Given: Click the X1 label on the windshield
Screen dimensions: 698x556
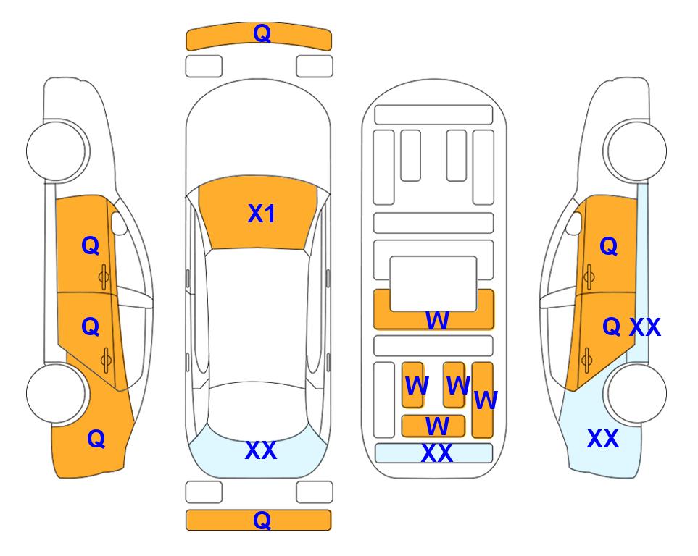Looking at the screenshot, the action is [x=262, y=214].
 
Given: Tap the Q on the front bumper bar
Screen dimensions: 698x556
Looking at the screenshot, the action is [x=262, y=33].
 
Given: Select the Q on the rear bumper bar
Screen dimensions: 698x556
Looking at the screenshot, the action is [x=262, y=520].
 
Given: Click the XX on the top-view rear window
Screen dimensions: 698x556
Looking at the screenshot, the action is [x=261, y=450].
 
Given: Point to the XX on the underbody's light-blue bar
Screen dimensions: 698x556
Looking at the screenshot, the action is [x=436, y=453].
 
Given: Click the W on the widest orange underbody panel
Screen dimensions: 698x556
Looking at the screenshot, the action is [x=436, y=320].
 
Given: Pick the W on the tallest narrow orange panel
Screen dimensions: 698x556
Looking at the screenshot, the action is [x=486, y=400].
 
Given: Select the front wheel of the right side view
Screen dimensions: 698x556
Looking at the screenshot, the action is [x=635, y=151].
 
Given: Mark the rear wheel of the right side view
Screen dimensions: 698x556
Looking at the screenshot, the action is [x=636, y=393].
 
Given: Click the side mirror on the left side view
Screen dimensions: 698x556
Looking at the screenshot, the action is [x=118, y=223].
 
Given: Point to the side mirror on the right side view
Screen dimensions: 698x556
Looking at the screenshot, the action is [x=574, y=223].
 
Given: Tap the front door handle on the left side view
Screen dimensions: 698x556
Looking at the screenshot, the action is [x=104, y=277].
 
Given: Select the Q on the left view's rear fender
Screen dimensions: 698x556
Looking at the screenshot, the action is [x=96, y=439].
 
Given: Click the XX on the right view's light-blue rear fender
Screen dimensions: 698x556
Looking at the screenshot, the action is [x=603, y=439].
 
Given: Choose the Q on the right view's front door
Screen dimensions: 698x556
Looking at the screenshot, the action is [x=609, y=246].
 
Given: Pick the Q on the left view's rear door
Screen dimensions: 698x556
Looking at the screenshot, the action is [x=91, y=327].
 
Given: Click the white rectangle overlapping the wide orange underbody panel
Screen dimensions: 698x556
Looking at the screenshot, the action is [x=433, y=283].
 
